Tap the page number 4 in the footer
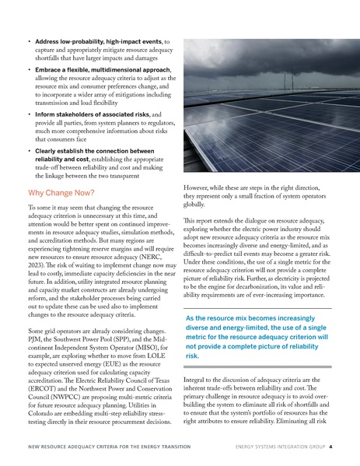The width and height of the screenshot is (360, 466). [330, 447]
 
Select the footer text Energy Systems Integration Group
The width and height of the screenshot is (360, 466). [274, 447]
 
